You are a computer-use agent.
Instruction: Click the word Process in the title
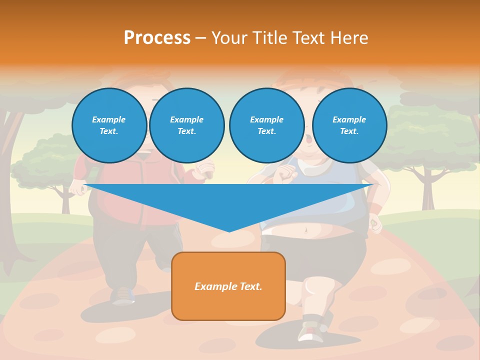(157, 38)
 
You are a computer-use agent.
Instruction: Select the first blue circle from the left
(109, 125)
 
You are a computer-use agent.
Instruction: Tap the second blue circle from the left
(186, 125)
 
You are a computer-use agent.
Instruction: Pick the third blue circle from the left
(266, 125)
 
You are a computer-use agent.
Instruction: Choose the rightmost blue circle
(349, 125)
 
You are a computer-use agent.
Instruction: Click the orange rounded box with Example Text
(228, 286)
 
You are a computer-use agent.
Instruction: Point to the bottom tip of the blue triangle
(229, 231)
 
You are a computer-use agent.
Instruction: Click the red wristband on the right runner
(375, 207)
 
